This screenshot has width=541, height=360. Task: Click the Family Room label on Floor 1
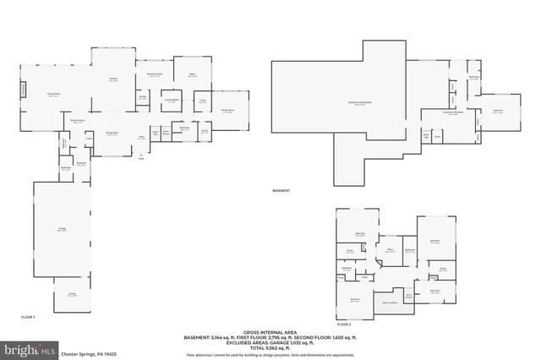[52, 95]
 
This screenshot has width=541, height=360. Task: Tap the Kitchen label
[112, 80]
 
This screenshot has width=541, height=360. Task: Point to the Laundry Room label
[170, 100]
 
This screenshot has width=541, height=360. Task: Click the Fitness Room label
[227, 111]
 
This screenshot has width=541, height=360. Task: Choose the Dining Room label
[112, 134]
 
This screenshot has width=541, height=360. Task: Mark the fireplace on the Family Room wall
[24, 90]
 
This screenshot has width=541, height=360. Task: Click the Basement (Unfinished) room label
[359, 104]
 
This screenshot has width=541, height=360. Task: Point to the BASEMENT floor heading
[281, 191]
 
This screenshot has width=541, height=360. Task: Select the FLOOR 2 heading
[344, 324]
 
